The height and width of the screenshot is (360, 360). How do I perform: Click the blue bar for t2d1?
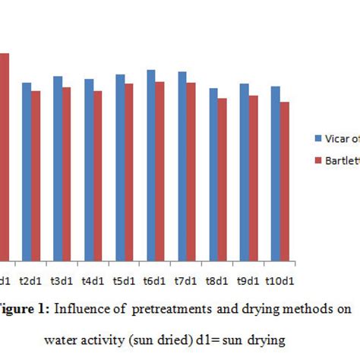(x=27, y=172)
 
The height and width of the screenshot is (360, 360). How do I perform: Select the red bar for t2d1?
(x=36, y=176)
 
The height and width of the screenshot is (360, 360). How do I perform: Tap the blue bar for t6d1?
(x=151, y=166)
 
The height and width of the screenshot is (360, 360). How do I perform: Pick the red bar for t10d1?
(x=284, y=182)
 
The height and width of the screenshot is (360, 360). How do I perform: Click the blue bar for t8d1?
(x=213, y=175)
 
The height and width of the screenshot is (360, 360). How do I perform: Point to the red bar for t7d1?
(x=191, y=172)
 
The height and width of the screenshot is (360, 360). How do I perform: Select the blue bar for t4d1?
(x=89, y=170)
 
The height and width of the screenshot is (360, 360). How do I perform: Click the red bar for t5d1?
(x=129, y=172)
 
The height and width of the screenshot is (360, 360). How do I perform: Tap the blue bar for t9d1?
(x=245, y=172)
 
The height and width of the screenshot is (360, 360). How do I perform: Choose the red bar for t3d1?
(x=67, y=174)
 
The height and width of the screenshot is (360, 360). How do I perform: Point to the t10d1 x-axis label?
(x=279, y=280)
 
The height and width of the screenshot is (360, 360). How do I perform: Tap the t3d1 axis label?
(x=62, y=280)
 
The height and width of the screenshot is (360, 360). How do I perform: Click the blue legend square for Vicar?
(x=318, y=138)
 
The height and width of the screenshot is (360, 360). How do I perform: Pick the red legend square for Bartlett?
(x=318, y=160)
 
